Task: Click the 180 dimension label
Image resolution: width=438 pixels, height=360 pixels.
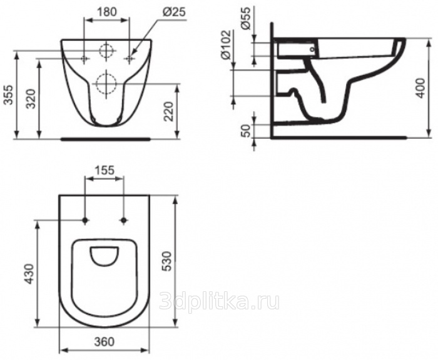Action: [107, 12]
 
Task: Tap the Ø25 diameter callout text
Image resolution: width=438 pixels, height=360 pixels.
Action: [174, 12]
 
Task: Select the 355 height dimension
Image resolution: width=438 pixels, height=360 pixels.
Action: [9, 95]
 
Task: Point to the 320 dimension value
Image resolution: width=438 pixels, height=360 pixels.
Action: [31, 99]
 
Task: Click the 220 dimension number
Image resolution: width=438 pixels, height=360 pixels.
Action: [168, 111]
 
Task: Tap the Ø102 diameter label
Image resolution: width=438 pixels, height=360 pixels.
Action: [226, 44]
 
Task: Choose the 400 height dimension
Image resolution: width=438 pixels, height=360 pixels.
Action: [420, 88]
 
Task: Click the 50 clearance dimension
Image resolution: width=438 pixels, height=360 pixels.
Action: [246, 131]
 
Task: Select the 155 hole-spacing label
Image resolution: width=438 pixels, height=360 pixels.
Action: [104, 170]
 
